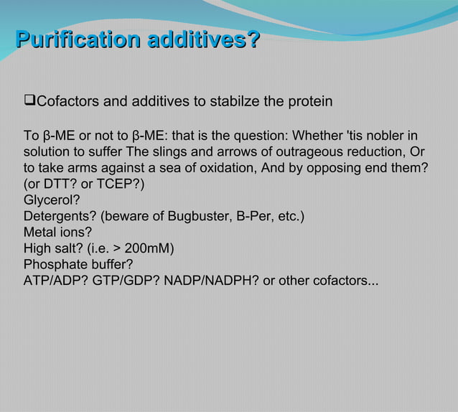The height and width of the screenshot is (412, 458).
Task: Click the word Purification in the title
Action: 78,39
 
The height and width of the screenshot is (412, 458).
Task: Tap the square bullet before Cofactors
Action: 29,101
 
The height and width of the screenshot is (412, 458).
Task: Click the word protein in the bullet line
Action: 310,101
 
